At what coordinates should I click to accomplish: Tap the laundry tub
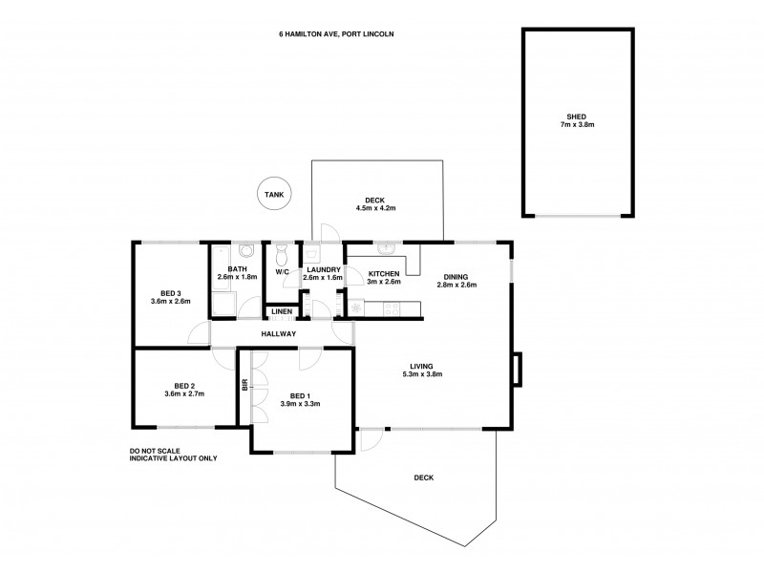[x=311, y=253]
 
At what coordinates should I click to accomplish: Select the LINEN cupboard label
[x=281, y=312]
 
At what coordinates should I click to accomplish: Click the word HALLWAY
[x=280, y=333]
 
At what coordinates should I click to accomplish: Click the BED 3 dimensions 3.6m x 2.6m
[x=171, y=301]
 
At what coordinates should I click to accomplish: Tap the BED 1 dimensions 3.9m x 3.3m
[x=300, y=404]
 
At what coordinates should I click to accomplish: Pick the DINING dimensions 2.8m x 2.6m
[x=456, y=285]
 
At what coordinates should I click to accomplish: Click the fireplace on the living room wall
[x=517, y=370]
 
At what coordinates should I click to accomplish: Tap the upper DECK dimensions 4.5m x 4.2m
[x=375, y=207]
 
